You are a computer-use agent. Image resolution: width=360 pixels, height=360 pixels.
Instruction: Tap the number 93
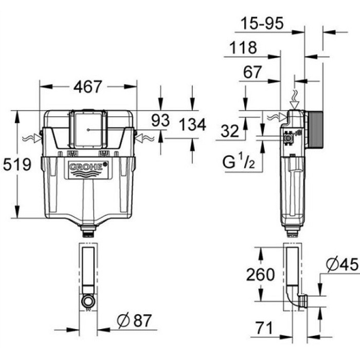coord(160,121)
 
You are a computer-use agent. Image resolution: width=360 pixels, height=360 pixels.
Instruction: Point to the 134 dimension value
coord(192,124)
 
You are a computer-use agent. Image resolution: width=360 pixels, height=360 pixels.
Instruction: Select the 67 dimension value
coord(252,73)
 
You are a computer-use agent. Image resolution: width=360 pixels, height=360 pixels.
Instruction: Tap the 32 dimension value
coord(229,132)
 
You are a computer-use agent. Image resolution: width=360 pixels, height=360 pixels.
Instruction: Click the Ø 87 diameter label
coord(135,321)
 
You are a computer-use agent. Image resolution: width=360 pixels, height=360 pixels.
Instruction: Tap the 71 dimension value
coord(265,341)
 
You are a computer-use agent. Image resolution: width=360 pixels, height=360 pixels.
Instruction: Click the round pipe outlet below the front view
coord(89,300)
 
